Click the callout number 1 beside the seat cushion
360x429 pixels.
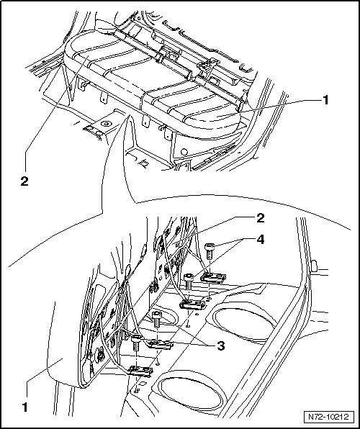[325, 100]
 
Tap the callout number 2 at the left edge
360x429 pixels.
[24, 181]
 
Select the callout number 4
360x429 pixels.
[261, 240]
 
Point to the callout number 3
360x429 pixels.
[220, 346]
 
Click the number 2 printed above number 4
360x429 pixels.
[261, 218]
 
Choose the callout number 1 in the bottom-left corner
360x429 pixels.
[25, 407]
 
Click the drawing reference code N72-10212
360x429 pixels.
[328, 417]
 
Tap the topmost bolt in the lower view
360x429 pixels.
[210, 251]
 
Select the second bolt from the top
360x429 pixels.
[189, 282]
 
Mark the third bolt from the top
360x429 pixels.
[157, 320]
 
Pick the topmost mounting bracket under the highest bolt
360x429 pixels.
[213, 278]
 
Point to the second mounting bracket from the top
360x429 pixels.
[192, 304]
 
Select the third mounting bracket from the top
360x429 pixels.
[160, 345]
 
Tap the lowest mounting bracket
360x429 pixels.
[140, 371]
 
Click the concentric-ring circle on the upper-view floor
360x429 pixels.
[106, 124]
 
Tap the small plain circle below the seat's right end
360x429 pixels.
[184, 151]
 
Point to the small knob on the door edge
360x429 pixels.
[314, 266]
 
